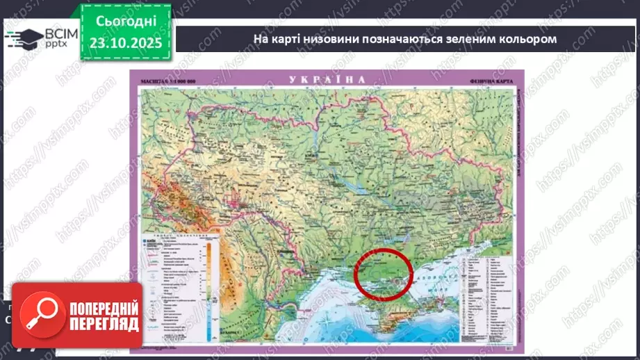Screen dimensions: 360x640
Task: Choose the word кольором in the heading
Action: [532, 39]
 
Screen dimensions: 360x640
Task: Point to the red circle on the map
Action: [384, 275]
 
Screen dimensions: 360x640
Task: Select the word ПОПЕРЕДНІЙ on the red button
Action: [104, 306]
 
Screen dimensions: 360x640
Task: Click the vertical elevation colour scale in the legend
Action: [208, 278]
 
